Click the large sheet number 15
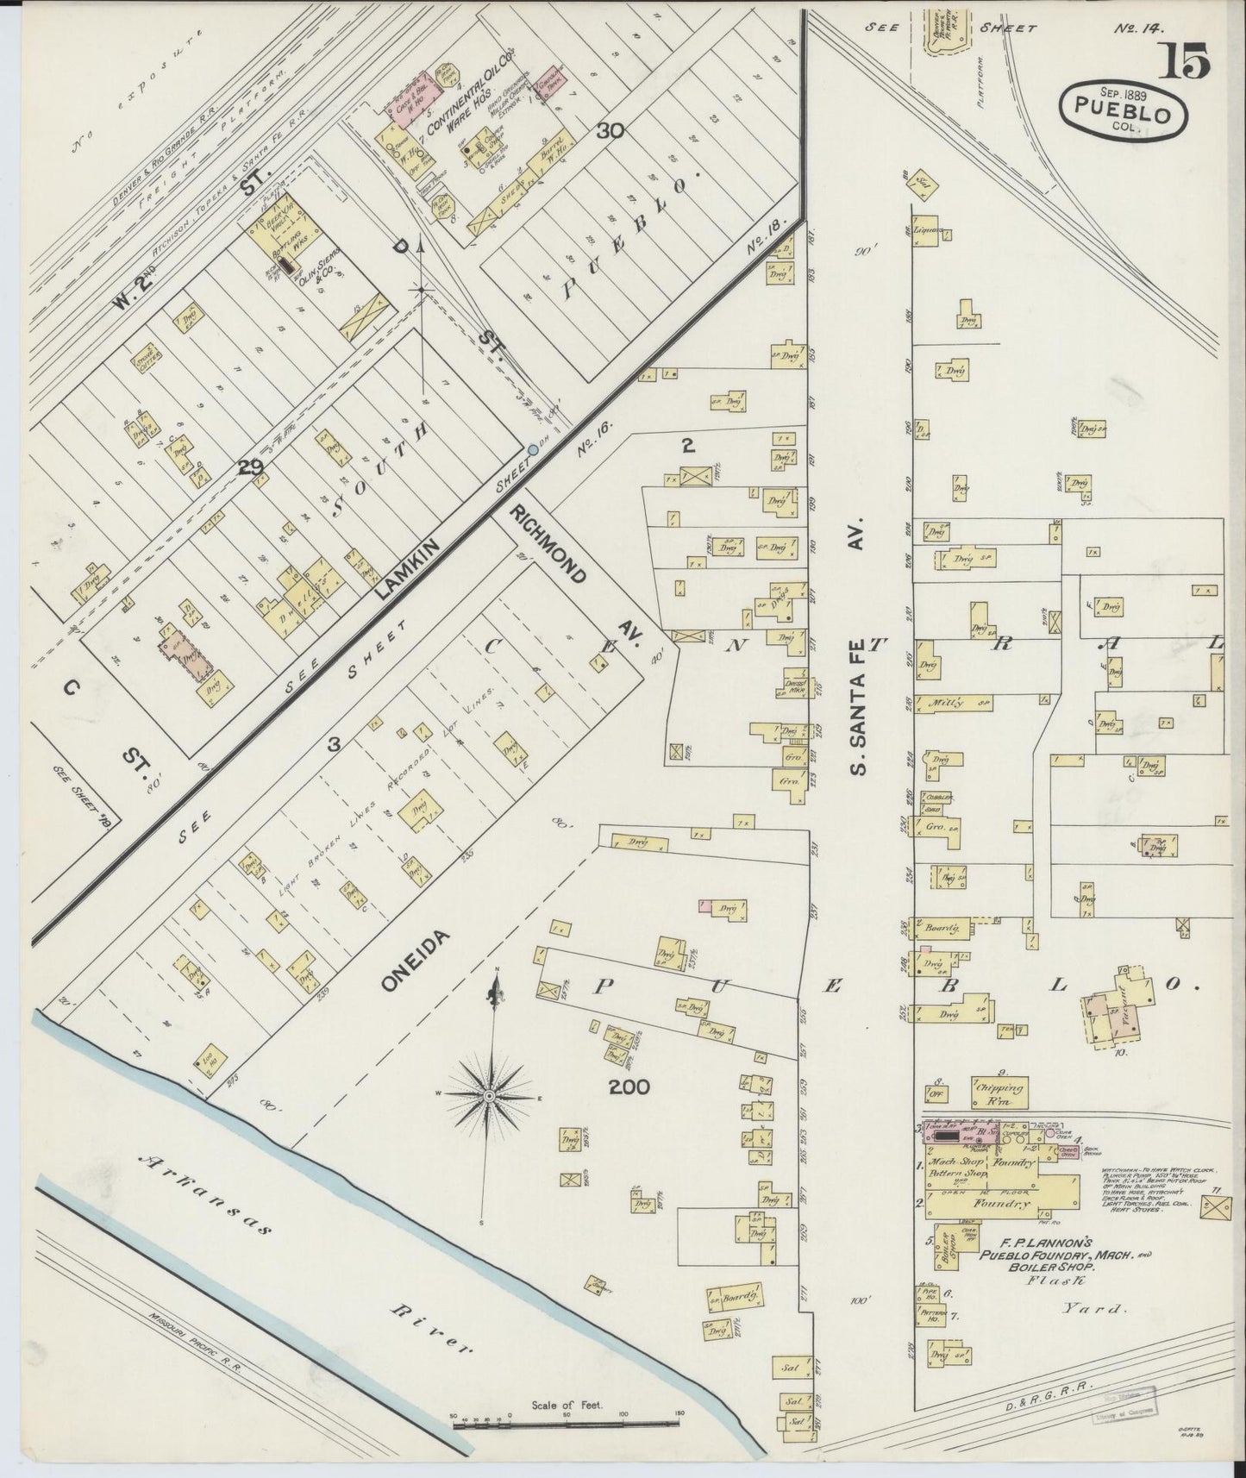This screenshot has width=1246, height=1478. (x=1188, y=63)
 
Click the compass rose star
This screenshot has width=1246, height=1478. (x=489, y=1095)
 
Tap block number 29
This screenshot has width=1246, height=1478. (x=251, y=468)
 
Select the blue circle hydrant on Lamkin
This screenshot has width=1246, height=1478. (x=532, y=450)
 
